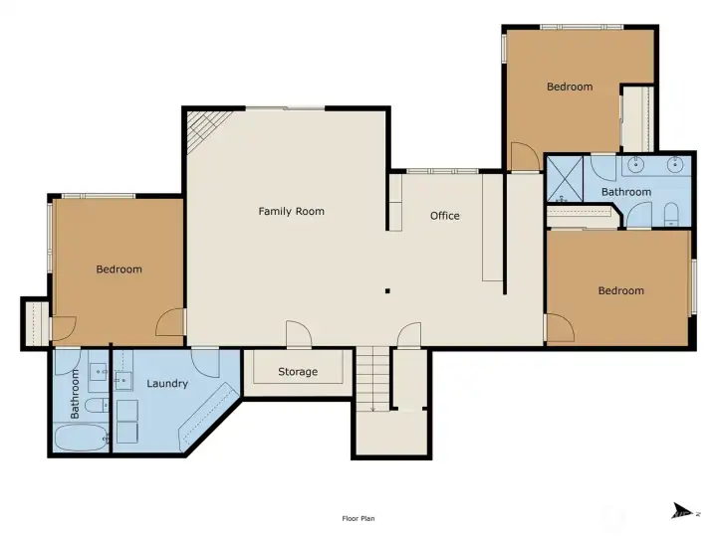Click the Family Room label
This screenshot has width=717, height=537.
(x=291, y=212)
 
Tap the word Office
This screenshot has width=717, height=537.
(x=445, y=216)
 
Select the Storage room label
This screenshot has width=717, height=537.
(x=298, y=372)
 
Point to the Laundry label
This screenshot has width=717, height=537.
(x=167, y=384)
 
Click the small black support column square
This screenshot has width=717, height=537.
(x=387, y=290)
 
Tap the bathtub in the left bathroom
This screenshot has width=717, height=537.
(x=81, y=438)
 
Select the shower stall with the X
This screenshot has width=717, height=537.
(x=566, y=179)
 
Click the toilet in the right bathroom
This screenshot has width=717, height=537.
(x=671, y=215)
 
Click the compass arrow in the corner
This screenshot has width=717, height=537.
(x=682, y=511)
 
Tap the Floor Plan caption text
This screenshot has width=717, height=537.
(x=358, y=518)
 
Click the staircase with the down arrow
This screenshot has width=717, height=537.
(x=373, y=379)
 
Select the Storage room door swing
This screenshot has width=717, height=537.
(x=299, y=333)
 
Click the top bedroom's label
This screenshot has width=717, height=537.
(x=570, y=87)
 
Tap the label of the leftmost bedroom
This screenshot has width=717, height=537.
(x=119, y=269)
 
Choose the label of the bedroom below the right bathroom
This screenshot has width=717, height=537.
(x=621, y=290)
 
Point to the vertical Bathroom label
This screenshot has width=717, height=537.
(x=75, y=394)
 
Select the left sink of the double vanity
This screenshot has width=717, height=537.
(x=635, y=164)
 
